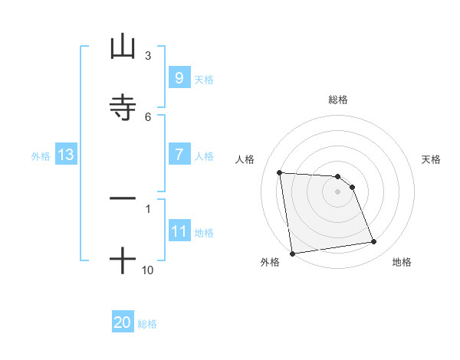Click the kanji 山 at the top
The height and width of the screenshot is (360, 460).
coord(123,48)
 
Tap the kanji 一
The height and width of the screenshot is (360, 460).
coord(123,198)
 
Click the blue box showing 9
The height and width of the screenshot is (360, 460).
coord(179,78)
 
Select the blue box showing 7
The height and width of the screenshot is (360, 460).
coord(179,155)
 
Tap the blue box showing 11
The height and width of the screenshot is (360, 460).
coord(179,231)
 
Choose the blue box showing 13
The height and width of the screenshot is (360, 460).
coord(65,155)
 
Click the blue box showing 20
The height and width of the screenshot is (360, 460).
coord(122,323)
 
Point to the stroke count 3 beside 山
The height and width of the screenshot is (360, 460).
coord(147,56)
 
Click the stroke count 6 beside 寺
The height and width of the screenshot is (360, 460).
coord(147,116)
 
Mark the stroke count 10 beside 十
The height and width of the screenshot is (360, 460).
coord(147,270)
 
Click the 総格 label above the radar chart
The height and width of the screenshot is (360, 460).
coord(338,100)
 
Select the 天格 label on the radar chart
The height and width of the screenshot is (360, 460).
coord(432,159)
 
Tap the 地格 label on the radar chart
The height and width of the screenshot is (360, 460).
coord(402,262)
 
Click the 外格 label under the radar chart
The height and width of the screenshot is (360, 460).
coord(270,262)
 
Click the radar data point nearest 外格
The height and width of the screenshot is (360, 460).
coord(292,253)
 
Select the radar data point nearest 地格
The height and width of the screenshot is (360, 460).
coord(374,242)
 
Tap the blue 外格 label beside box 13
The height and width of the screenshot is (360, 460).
coord(41,156)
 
